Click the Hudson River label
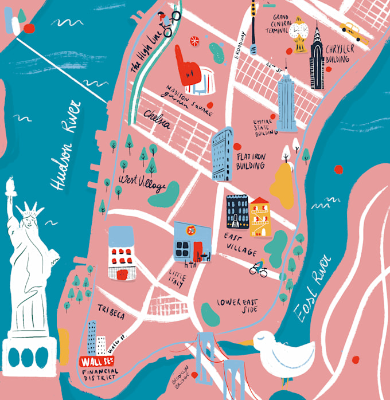[65, 146]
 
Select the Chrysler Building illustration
[317, 57]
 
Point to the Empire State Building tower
[286, 103]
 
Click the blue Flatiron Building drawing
[223, 154]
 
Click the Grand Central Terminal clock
[299, 29]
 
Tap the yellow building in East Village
[260, 217]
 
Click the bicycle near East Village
[259, 269]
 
